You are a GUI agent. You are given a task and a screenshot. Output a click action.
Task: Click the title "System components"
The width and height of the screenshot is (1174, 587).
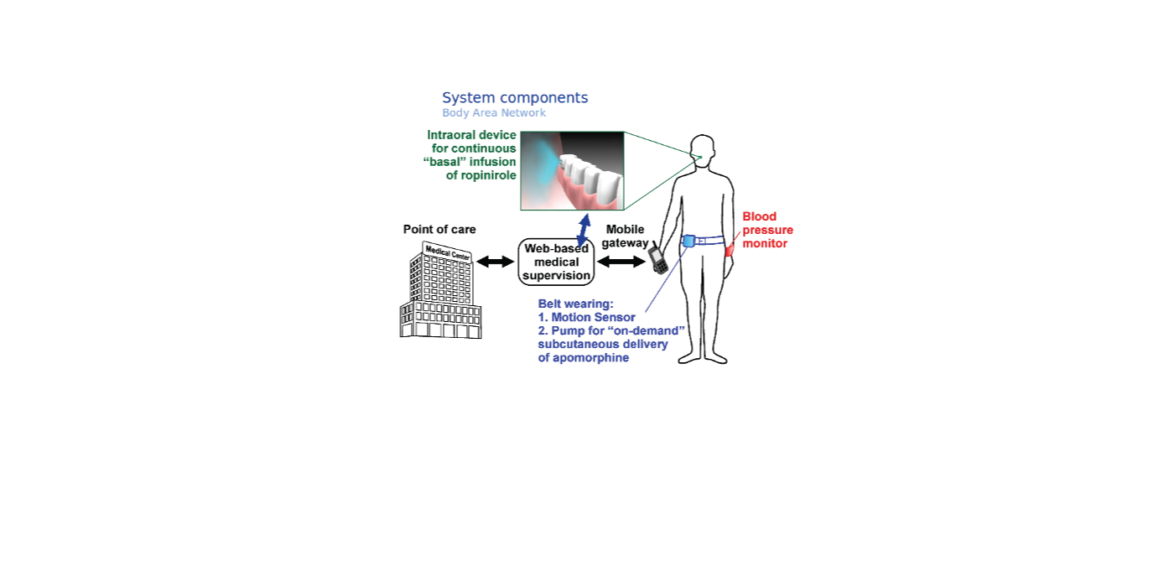[x=515, y=98]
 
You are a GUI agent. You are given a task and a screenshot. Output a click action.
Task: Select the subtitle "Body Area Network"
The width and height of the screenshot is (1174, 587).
[x=494, y=112]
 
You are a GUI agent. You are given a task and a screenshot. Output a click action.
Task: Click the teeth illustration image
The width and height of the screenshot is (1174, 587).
[x=572, y=171]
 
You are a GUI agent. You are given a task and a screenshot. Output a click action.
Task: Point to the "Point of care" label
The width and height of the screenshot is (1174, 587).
[x=439, y=229]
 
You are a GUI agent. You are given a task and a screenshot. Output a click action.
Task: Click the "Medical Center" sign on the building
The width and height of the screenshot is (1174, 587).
[x=448, y=252]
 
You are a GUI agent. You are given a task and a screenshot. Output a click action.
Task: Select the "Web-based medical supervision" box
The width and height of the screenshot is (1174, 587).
[x=556, y=262]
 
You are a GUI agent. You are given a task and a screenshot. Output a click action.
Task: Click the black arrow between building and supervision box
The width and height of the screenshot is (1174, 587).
[x=496, y=262]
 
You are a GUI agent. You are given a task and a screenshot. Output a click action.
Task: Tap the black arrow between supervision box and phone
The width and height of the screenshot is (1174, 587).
[x=621, y=262]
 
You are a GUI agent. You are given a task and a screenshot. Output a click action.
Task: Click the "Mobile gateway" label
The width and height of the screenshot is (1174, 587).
[x=625, y=236]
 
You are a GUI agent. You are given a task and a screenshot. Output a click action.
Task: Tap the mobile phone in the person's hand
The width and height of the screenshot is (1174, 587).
[x=658, y=259]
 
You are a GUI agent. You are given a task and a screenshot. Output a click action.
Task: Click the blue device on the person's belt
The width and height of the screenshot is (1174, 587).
[x=688, y=242]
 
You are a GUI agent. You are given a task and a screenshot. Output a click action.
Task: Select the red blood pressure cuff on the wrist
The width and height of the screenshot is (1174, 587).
[x=729, y=250]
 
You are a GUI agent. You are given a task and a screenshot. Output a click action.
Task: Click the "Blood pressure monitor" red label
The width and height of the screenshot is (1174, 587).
[x=767, y=230]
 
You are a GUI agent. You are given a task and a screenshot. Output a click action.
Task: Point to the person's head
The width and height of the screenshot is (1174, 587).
[x=703, y=150]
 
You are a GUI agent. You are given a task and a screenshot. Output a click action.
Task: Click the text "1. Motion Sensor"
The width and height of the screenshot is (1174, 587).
[x=586, y=318]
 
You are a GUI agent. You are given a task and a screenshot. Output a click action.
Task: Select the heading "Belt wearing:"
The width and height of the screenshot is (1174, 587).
[x=575, y=304]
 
